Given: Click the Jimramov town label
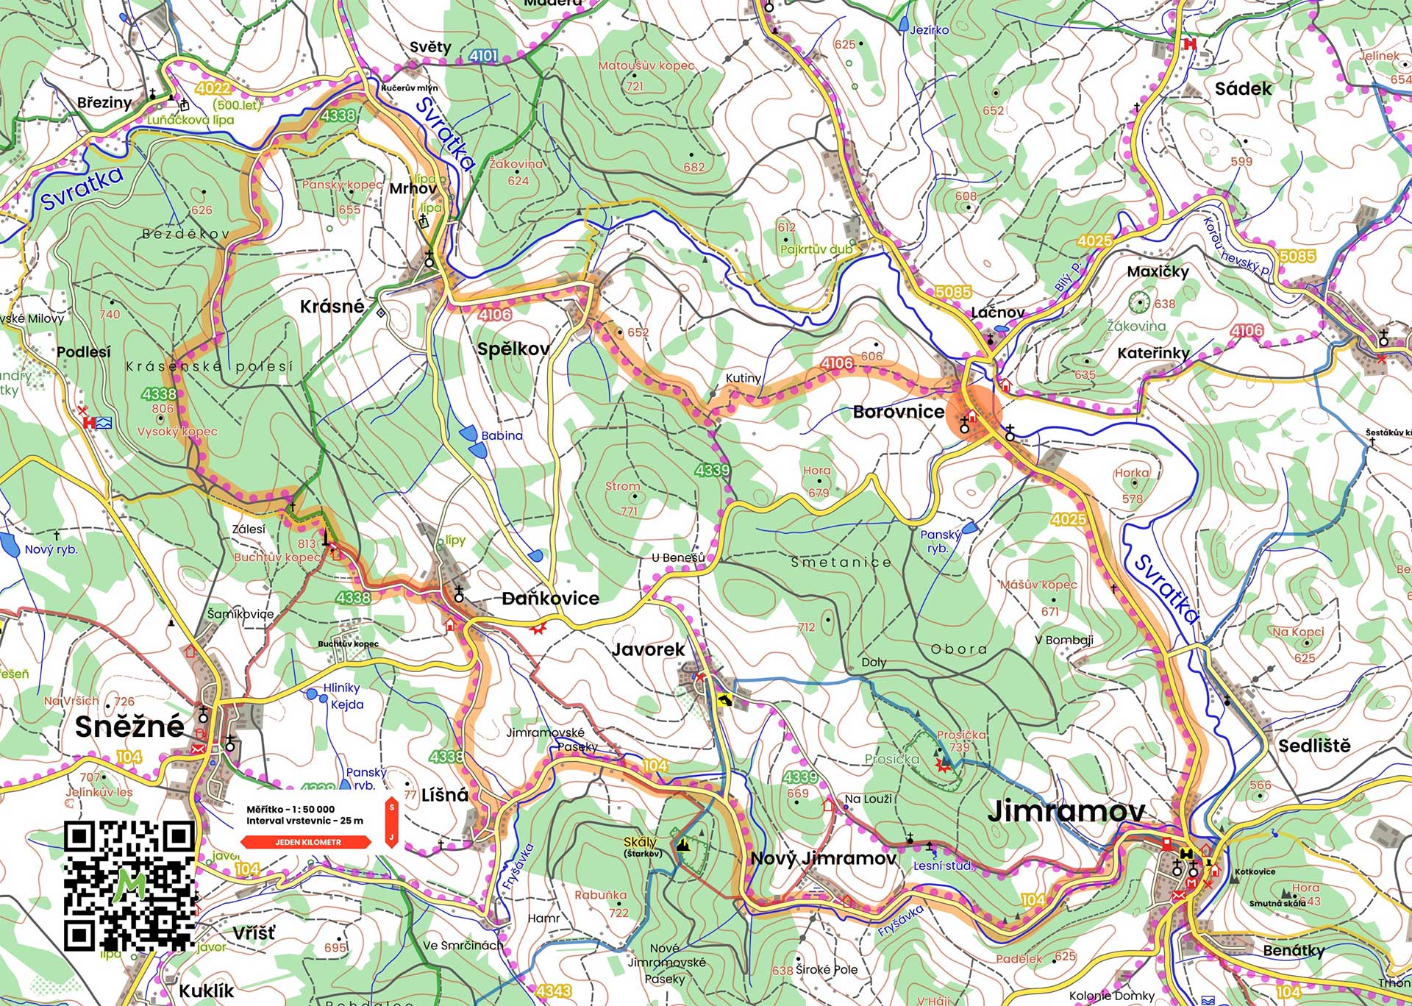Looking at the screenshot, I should click(x=1066, y=811).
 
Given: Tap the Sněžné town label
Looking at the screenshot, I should click(x=129, y=727).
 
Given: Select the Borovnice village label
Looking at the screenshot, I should click(x=898, y=412).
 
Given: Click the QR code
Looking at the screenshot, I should click(x=129, y=885).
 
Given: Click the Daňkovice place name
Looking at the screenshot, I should click(x=551, y=599).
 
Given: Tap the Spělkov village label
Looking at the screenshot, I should click(x=513, y=349).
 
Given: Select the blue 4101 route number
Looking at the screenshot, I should click(x=483, y=55).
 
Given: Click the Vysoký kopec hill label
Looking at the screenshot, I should click(x=177, y=432).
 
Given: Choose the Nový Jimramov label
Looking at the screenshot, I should click(x=823, y=858).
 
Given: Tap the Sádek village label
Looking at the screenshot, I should click(x=1243, y=89).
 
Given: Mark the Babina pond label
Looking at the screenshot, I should click(x=502, y=435).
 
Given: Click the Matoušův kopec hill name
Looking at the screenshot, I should click(x=646, y=66).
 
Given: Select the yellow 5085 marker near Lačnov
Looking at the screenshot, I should click(x=953, y=292).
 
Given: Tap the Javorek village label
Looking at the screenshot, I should click(x=648, y=649).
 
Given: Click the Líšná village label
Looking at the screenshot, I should click(x=445, y=795).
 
